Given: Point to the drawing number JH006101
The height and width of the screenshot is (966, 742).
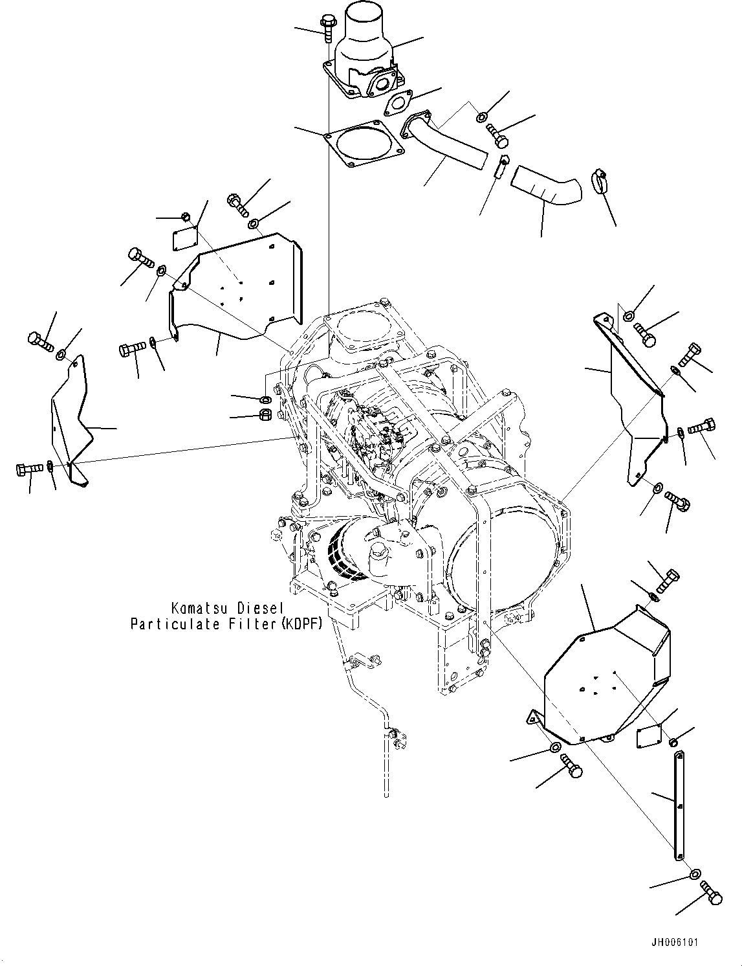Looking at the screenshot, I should click(675, 943).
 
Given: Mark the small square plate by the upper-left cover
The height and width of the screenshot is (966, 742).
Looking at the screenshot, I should click(183, 237).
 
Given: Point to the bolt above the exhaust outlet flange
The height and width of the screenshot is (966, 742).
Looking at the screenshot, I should click(325, 26).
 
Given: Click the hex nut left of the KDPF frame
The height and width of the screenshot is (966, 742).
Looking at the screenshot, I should click(265, 414).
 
